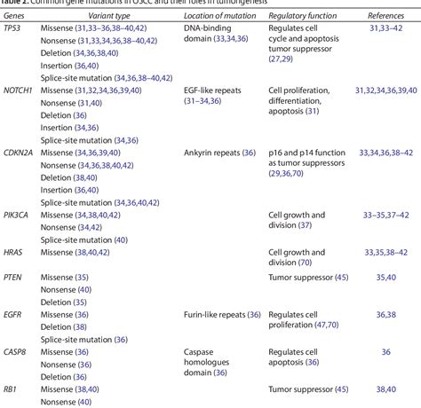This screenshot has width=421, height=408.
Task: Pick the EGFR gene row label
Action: click(14, 314)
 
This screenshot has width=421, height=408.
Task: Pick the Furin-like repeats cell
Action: click(217, 314)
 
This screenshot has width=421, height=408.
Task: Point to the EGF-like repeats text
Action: click(210, 91)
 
